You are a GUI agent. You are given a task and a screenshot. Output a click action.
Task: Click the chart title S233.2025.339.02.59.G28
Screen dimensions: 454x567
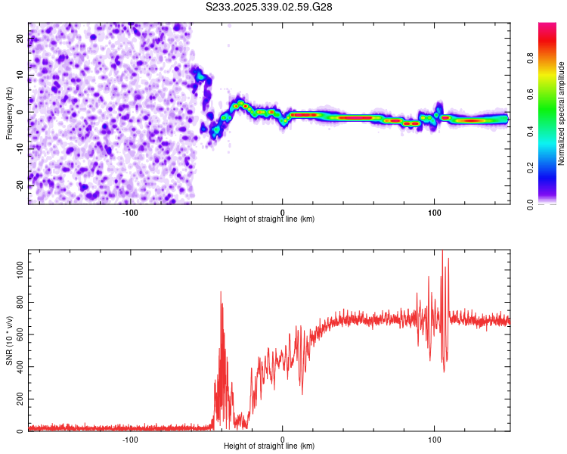pyautogui.click(x=270, y=8)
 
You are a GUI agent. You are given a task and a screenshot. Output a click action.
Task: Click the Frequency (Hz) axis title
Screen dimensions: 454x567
pyautogui.click(x=9, y=113)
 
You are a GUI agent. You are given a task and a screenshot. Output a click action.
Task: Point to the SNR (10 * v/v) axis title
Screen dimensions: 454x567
pyautogui.click(x=9, y=340)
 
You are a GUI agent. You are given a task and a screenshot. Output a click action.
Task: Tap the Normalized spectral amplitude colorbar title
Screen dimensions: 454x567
pyautogui.click(x=561, y=113)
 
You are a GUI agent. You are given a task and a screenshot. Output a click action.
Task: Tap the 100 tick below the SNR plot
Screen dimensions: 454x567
pyautogui.click(x=435, y=437)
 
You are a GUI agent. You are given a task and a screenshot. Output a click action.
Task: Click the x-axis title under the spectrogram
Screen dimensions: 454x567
pyautogui.click(x=269, y=219)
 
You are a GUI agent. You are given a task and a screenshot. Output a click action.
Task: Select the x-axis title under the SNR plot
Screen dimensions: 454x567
pyautogui.click(x=269, y=446)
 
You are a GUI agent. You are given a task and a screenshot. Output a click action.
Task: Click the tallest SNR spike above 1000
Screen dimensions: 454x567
pyautogui.click(x=442, y=253)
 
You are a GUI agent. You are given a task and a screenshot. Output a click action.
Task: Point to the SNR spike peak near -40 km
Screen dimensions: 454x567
pyautogui.click(x=221, y=292)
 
